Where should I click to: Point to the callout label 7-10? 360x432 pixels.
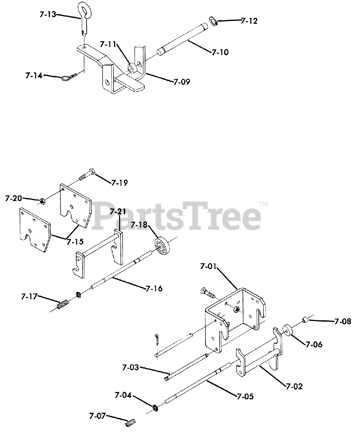pyautogui.click(x=220, y=52)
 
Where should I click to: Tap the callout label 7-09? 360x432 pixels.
pyautogui.click(x=182, y=81)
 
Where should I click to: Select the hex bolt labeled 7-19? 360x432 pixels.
pyautogui.click(x=86, y=174)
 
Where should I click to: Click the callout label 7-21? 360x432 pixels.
pyautogui.click(x=118, y=212)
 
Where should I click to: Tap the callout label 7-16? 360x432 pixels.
pyautogui.click(x=154, y=288)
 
